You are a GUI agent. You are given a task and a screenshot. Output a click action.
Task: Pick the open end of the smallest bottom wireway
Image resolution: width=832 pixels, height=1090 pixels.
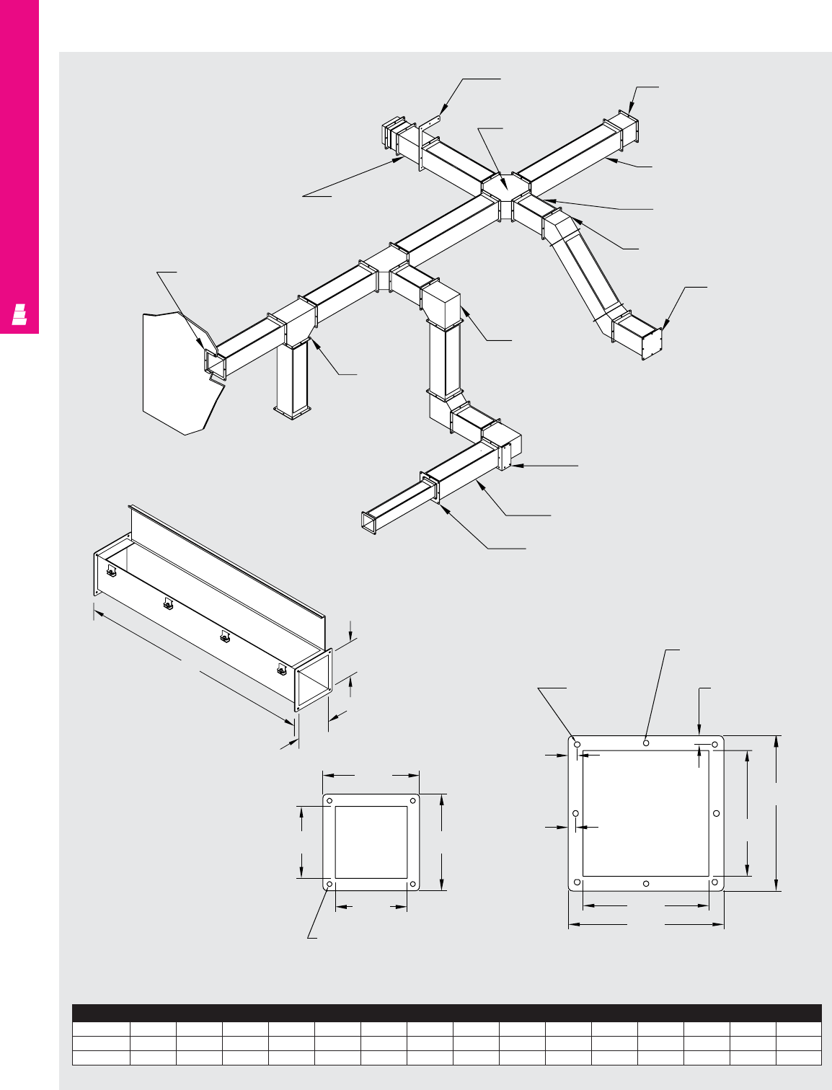(369, 523)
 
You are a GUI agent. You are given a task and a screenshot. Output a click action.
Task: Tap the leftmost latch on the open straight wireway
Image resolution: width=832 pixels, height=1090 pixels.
(112, 573)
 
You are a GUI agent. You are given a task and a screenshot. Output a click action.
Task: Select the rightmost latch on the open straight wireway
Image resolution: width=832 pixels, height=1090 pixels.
(281, 670)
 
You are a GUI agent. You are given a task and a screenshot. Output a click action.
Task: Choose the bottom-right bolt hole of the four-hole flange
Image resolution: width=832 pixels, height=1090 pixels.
(413, 884)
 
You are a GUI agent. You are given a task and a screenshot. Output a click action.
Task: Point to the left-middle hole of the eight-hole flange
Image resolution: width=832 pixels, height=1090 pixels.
(575, 814)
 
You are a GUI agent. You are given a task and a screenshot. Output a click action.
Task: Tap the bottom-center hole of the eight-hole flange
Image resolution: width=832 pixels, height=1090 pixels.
(646, 884)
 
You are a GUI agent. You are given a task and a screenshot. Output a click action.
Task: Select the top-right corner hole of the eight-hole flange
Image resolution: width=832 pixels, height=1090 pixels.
(715, 744)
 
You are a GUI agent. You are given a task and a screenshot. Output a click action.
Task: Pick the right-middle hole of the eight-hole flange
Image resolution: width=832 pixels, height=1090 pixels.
(716, 814)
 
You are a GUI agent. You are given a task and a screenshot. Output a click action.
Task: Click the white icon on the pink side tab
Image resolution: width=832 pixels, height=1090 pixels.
(19, 315)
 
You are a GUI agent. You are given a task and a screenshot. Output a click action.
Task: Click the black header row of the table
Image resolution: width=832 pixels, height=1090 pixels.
(446, 1013)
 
